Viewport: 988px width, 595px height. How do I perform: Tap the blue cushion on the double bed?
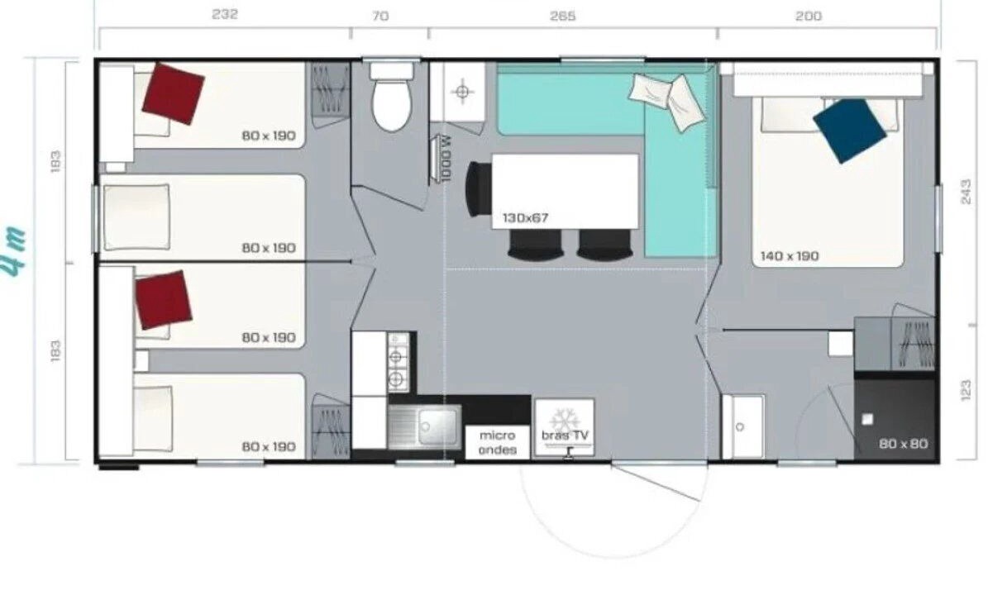(849, 131)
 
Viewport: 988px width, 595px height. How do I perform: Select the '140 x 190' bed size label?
(790, 256)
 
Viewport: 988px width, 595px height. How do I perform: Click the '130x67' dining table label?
(525, 218)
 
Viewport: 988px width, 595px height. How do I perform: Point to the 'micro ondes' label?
(498, 443)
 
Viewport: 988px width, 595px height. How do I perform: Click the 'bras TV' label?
(566, 435)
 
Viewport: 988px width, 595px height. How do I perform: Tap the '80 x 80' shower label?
(903, 444)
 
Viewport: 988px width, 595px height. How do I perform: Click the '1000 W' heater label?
(447, 159)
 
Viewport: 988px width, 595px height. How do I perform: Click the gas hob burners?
(396, 366)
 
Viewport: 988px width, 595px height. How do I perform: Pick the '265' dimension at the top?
(562, 16)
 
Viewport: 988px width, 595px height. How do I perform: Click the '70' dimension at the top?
(380, 16)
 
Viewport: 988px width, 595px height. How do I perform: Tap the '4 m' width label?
(16, 250)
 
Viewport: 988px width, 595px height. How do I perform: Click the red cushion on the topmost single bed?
(173, 93)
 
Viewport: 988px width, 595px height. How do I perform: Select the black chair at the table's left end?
(478, 189)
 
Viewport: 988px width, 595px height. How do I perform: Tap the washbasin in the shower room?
(743, 427)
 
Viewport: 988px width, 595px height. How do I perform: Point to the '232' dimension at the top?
(224, 15)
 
